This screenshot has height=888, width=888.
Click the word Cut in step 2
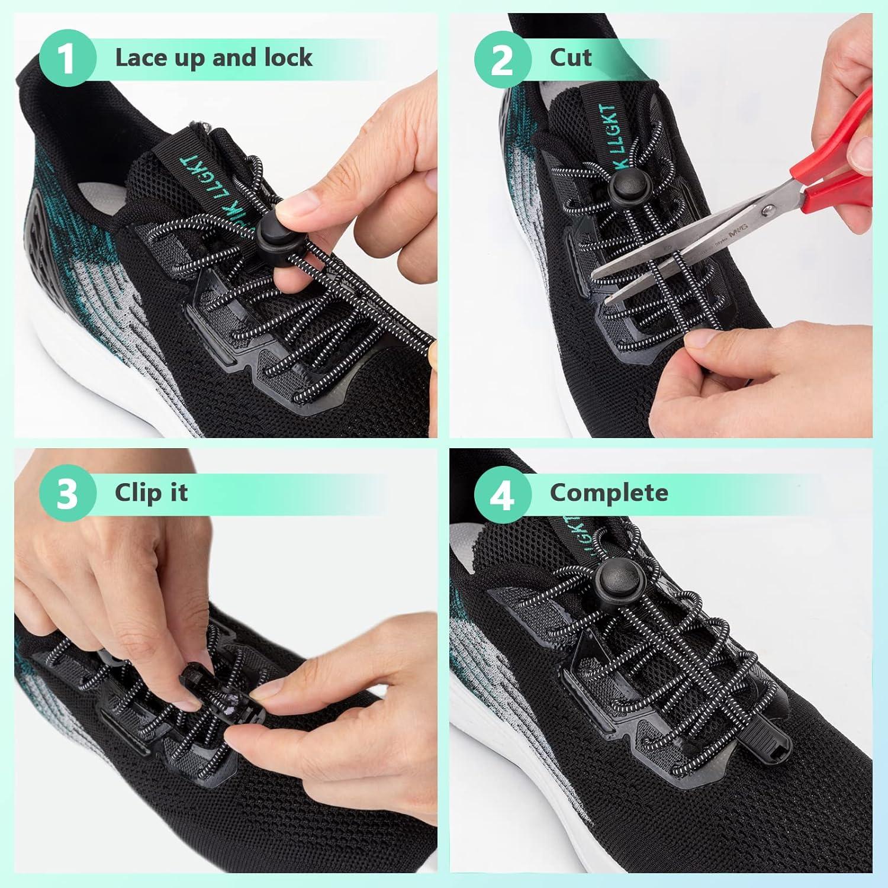tap(570, 57)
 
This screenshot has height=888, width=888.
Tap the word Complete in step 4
tap(609, 493)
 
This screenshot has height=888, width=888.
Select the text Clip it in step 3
tap(151, 493)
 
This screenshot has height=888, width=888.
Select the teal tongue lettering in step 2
tap(610, 136)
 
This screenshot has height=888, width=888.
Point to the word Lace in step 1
tap(140, 57)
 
